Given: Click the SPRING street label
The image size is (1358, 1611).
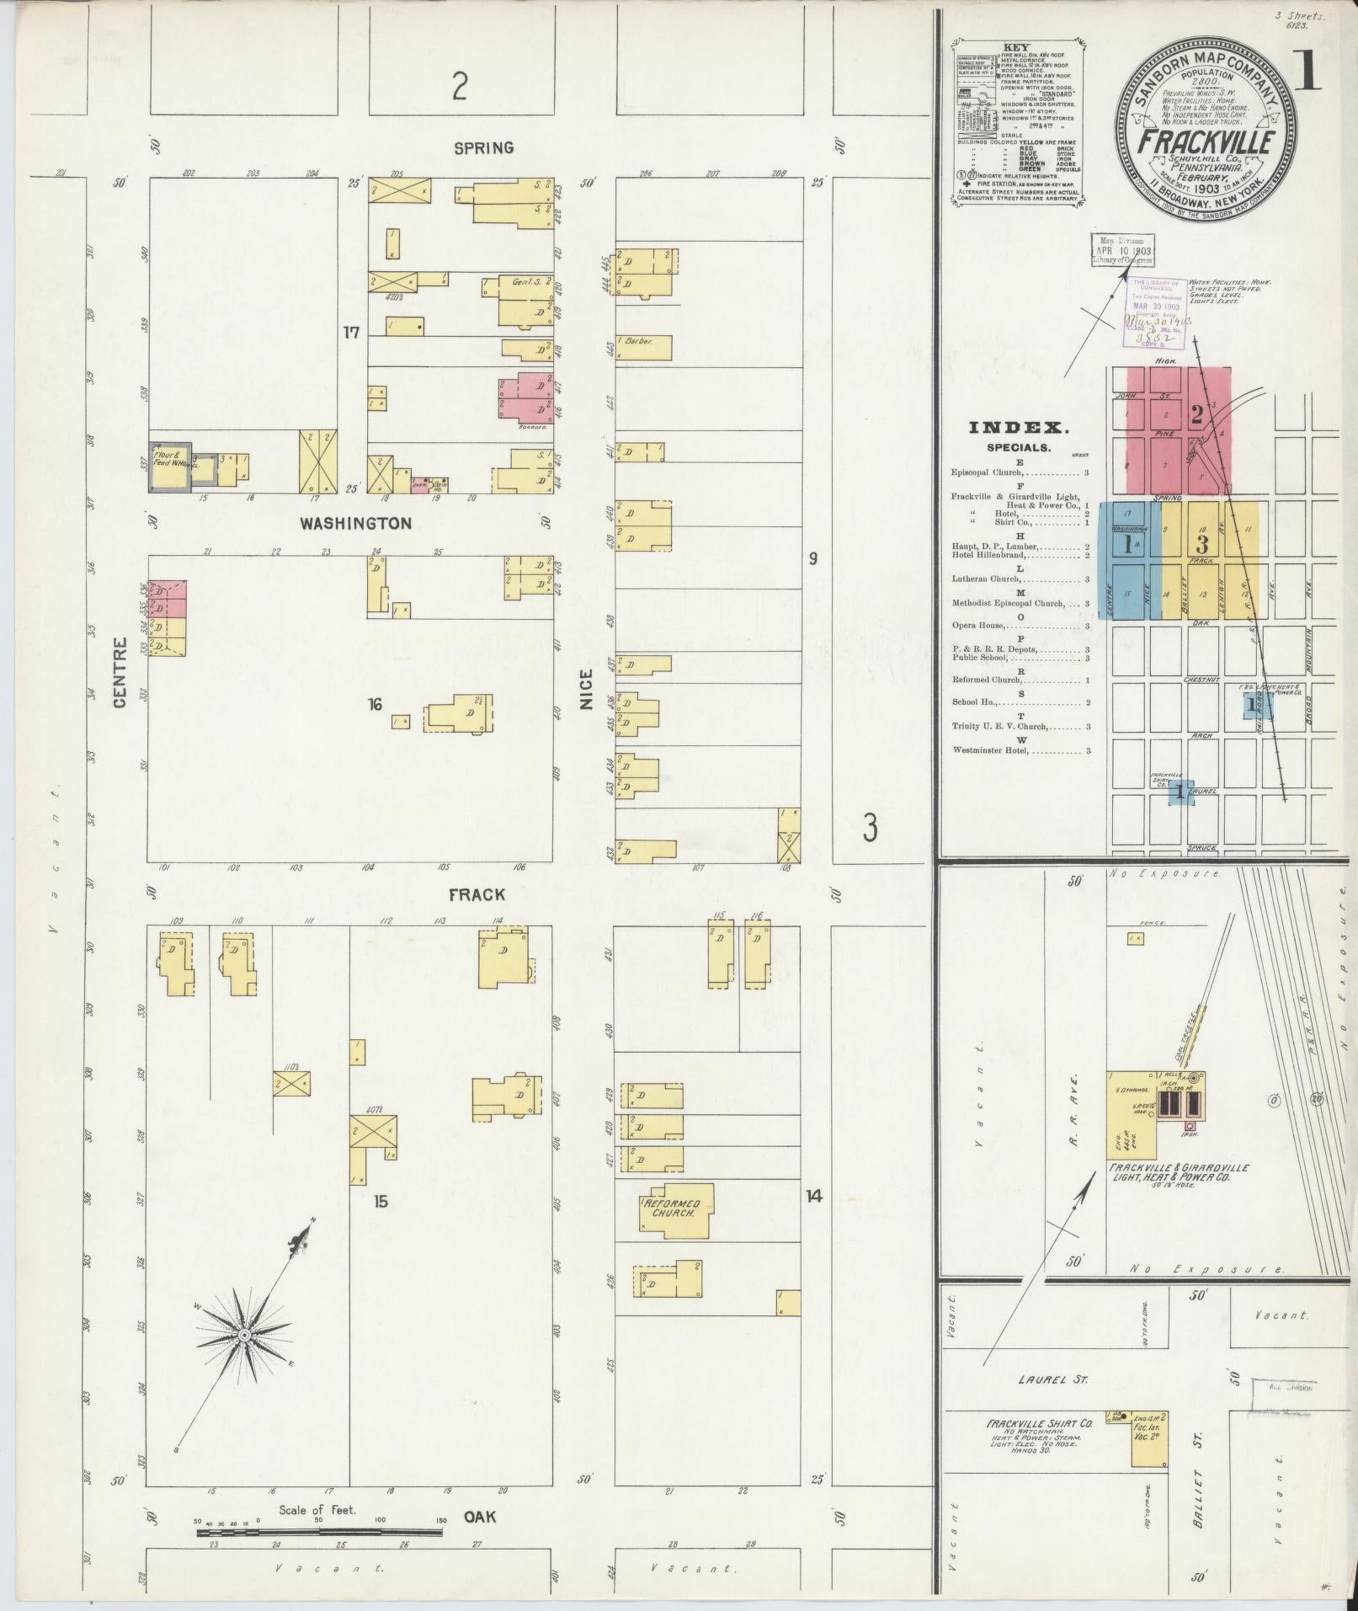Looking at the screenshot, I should pos(483,147).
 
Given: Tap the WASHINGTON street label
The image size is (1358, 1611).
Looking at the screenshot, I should pos(356,523).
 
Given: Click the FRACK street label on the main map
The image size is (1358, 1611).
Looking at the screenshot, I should pos(477,894).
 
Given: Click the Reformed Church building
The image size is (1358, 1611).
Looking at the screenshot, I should pos(677,1210).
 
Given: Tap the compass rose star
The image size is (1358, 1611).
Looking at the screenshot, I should pos(244,1336).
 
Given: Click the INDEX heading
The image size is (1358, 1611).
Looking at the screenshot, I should pos(1019,428).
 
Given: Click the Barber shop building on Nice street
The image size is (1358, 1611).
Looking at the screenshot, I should pos(645,348).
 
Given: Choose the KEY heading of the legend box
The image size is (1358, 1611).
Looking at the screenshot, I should pos(1016,48).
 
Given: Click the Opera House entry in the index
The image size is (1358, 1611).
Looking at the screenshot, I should pos(977,626).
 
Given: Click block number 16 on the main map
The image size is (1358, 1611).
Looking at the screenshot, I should pos(375,704).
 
